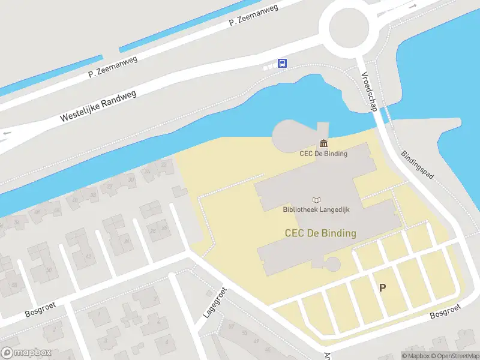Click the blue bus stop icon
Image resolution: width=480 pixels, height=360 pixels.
pos(282,63)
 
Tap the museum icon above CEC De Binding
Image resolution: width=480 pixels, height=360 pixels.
pos(324,143)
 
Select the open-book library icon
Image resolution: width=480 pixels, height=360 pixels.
pos(317,200)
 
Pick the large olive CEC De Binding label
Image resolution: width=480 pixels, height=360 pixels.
pos(320,233)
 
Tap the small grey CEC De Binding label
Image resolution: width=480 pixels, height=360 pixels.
pos(323,153)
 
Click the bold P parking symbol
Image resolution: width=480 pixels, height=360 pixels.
pos(382,287)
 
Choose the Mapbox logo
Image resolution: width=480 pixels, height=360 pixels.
pos(26,353)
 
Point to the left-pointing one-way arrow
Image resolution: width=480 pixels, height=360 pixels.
pos(7,133)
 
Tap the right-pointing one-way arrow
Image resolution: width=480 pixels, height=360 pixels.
pos(413,5)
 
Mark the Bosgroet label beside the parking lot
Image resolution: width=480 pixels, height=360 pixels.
pos(446,311)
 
